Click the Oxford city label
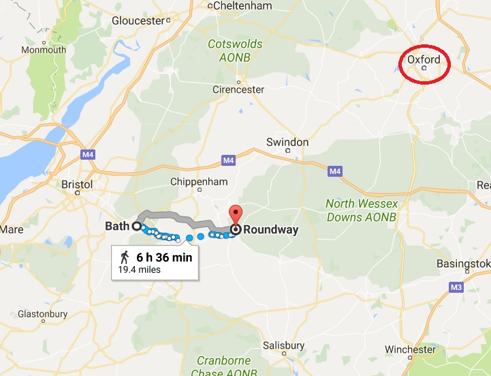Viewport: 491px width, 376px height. point(423,59)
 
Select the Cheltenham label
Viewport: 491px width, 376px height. point(242,6)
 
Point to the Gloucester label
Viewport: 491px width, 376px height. point(139,20)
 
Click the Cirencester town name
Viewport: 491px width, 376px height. point(238,89)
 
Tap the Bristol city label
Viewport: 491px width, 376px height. point(76,185)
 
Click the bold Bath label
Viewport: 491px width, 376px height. point(117,225)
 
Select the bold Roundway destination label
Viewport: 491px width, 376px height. point(270,230)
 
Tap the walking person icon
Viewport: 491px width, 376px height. point(125,257)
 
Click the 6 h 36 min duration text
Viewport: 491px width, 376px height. point(163,257)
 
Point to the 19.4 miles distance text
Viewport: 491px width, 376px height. point(139,270)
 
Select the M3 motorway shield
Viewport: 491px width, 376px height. point(456,289)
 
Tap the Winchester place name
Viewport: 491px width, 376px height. point(409,350)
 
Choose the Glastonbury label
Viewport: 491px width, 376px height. point(40,314)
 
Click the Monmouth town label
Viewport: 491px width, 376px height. point(44,50)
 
